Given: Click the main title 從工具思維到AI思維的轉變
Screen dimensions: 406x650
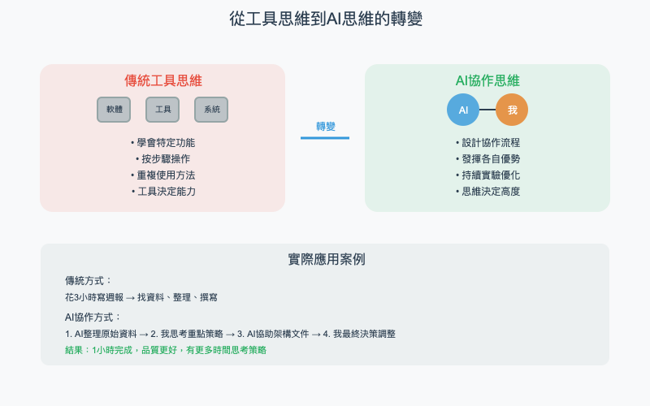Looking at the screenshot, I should click(325, 19).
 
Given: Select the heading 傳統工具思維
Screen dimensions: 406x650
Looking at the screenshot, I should click(162, 80).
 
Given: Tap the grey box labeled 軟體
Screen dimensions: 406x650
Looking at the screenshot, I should click(114, 110).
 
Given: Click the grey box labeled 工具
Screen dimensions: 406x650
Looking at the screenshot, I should click(162, 110).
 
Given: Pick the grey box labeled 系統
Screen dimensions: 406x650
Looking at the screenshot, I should click(211, 110).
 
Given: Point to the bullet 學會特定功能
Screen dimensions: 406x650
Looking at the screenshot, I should click(162, 143).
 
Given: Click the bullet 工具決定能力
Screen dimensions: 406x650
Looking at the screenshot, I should click(162, 192).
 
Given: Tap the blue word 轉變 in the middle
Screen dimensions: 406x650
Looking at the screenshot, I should click(325, 127).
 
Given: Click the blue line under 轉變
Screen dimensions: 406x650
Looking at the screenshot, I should click(325, 138).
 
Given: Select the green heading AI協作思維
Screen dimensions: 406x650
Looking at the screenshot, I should click(487, 80).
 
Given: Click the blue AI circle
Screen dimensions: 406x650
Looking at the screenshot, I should click(463, 110).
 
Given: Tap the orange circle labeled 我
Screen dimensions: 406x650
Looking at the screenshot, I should click(512, 110).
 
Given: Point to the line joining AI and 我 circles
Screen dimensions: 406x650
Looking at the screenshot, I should click(487, 110).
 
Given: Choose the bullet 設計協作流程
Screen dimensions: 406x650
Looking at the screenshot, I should click(487, 143).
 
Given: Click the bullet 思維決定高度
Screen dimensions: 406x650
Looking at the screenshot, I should click(487, 192).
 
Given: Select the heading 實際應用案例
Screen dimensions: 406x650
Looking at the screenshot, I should click(325, 260).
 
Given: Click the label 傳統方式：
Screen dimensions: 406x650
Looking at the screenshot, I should click(89, 281).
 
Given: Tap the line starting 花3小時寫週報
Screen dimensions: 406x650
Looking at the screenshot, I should click(141, 298).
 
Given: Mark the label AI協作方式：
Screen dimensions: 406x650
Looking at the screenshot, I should click(93, 317).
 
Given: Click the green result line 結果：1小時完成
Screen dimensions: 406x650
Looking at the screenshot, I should click(166, 350).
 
